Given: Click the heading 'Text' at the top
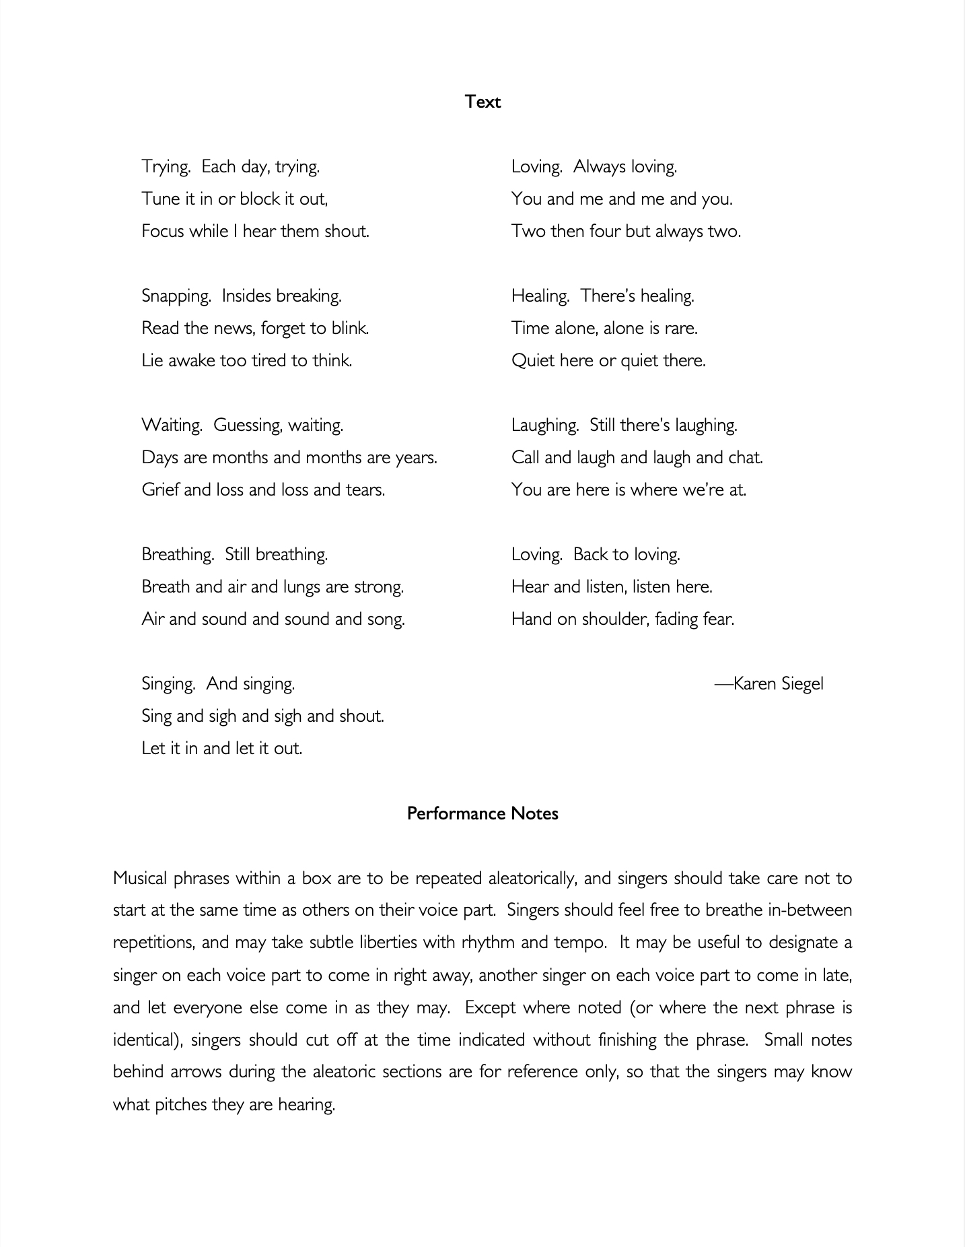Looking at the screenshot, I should [x=482, y=102].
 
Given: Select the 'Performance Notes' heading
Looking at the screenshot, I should [x=482, y=813].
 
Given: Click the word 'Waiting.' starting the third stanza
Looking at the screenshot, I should [x=172, y=426].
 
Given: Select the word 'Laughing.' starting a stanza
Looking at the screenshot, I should [x=545, y=426].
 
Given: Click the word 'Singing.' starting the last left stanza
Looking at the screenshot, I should [x=169, y=684].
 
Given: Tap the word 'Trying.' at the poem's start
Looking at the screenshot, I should [x=166, y=167].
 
